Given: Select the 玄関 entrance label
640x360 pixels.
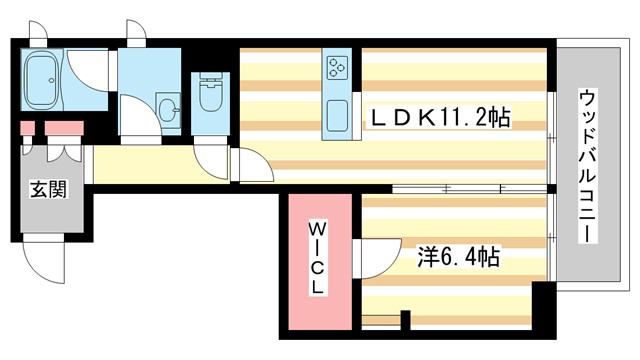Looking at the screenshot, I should click(x=48, y=189).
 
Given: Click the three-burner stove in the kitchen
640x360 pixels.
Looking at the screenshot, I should click(x=336, y=69).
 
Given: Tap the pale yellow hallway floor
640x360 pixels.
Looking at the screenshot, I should click(x=140, y=164).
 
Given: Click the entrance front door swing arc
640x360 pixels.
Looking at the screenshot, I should click(x=45, y=262).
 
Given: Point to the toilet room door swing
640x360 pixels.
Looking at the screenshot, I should click(x=212, y=158).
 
